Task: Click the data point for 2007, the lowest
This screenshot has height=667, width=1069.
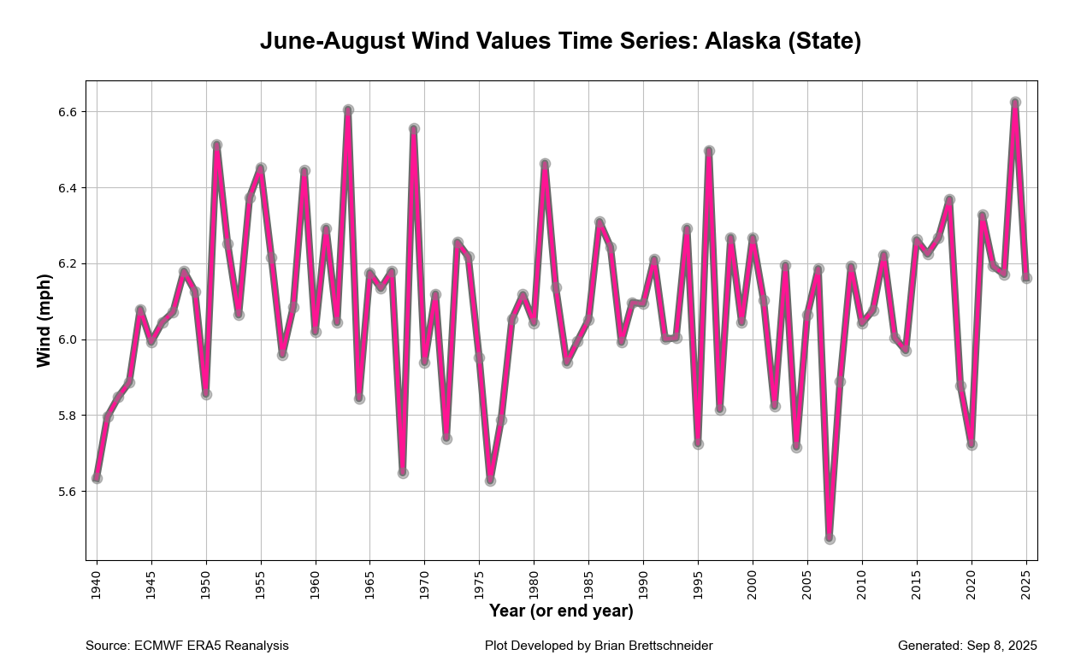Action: pyautogui.click(x=830, y=539)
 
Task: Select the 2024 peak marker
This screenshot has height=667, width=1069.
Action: pyautogui.click(x=1015, y=103)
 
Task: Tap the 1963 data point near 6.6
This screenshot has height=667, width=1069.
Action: pyautogui.click(x=348, y=110)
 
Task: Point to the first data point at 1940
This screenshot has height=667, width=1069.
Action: pyautogui.click(x=97, y=478)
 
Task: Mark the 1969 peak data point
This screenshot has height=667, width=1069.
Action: pyautogui.click(x=414, y=129)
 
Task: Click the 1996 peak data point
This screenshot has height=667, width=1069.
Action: pyautogui.click(x=709, y=151)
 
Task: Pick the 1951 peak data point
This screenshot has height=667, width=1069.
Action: pyautogui.click(x=217, y=145)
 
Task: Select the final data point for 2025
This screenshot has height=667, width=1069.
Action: pyautogui.click(x=1026, y=278)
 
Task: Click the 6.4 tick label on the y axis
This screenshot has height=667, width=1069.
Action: pyautogui.click(x=68, y=188)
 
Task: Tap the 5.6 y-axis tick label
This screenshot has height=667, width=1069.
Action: pyautogui.click(x=68, y=492)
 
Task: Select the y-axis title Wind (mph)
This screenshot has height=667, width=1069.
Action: pyautogui.click(x=44, y=321)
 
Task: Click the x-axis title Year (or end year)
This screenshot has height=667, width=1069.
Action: pyautogui.click(x=561, y=611)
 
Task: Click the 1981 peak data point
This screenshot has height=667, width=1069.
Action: pyautogui.click(x=545, y=163)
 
